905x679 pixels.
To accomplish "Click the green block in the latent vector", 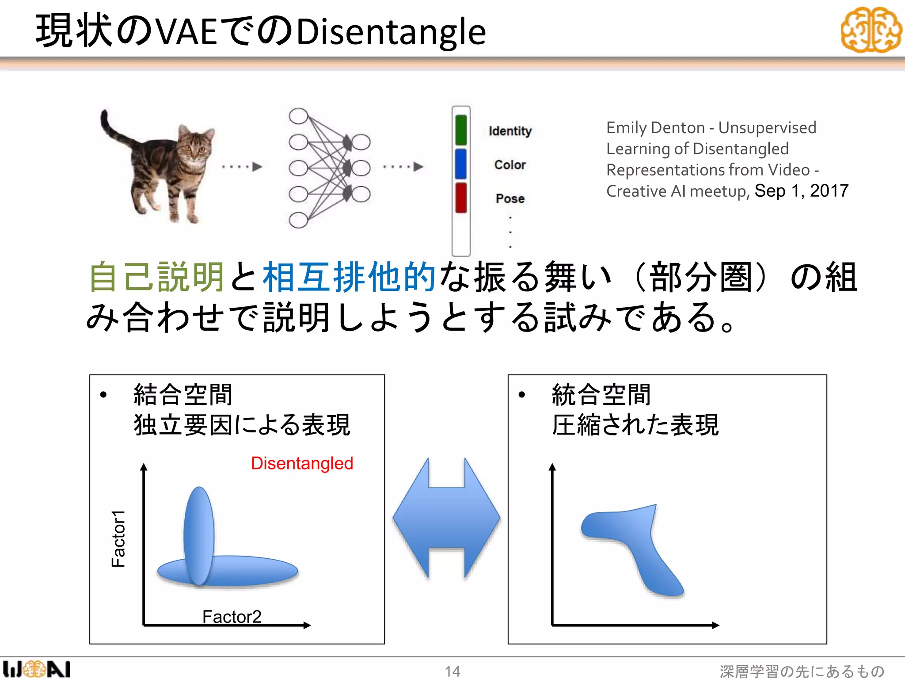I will tap(461, 130).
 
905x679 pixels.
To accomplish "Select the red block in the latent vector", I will tap(461, 198).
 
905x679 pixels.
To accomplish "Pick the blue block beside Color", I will tap(461, 164).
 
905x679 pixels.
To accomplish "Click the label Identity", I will tap(510, 131).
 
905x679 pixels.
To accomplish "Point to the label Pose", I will tap(510, 198).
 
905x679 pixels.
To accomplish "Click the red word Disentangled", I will tap(302, 463).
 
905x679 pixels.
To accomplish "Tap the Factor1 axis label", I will tap(118, 538).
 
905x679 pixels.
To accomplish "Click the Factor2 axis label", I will tap(232, 616).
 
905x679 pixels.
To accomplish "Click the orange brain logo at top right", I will tap(871, 30).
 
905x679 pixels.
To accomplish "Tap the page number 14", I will tap(452, 671).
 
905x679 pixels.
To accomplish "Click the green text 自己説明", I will tap(157, 277).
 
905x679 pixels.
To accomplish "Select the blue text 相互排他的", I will tap(349, 277).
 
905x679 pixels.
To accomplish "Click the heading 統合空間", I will tap(601, 394).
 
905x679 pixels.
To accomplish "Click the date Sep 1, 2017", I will tap(801, 191).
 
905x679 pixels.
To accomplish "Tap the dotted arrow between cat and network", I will tap(242, 167).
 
